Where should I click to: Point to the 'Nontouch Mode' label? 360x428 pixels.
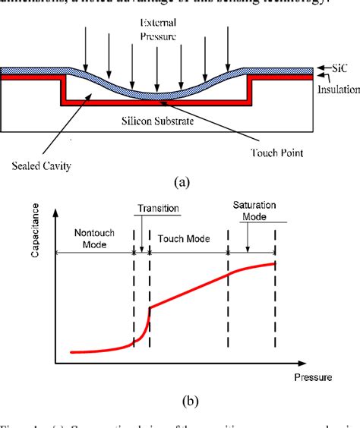[x=95, y=238]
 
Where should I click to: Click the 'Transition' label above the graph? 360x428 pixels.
[x=156, y=207]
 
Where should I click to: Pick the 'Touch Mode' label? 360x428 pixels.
[x=186, y=238]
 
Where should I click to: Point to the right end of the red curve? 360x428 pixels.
[x=274, y=263]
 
